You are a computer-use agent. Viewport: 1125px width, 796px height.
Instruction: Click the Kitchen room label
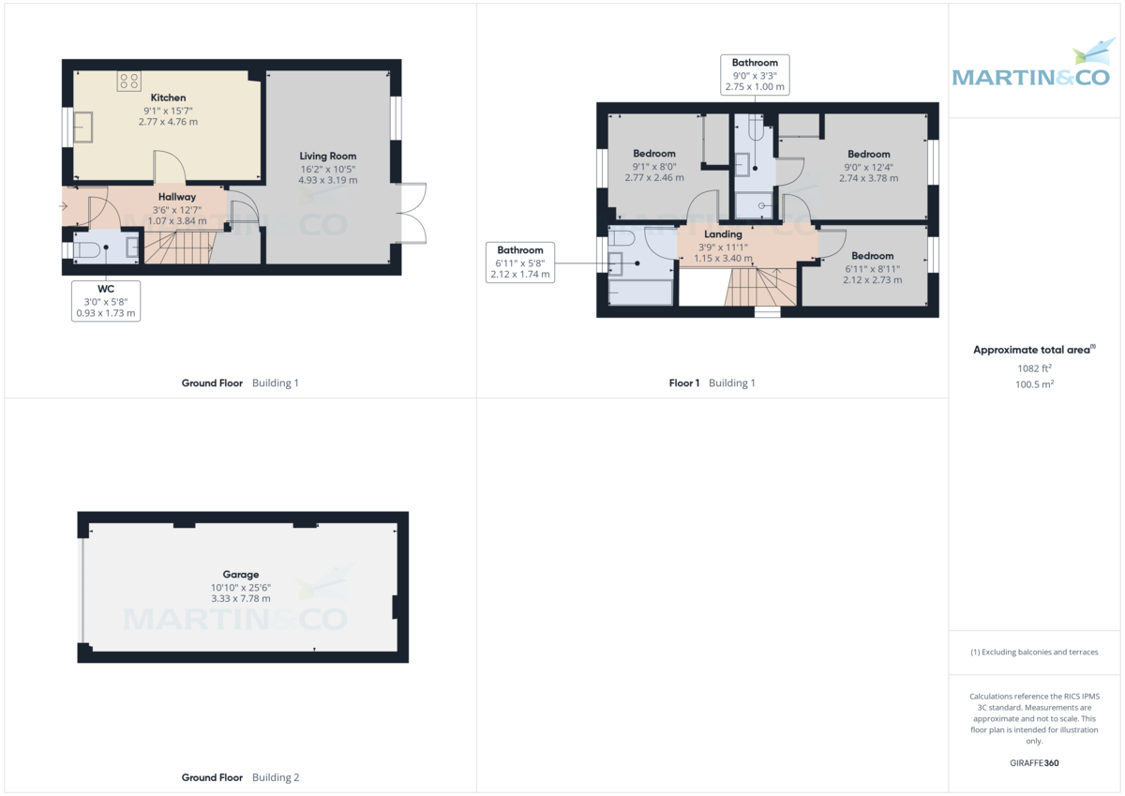coord(168,98)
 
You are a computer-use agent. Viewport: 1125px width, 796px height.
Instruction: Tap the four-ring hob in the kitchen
coord(129,81)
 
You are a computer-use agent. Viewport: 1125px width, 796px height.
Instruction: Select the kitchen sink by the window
coord(83,128)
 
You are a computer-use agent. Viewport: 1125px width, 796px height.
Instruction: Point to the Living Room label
coord(328,157)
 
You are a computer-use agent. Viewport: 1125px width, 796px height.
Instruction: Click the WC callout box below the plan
coord(106,301)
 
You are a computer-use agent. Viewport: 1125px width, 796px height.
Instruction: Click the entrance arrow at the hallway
coord(63,206)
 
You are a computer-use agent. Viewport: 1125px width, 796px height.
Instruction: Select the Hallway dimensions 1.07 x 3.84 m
coord(177,220)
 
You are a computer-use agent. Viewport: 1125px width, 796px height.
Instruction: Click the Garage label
coord(241,574)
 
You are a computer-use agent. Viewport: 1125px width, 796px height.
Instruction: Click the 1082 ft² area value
coord(1035,368)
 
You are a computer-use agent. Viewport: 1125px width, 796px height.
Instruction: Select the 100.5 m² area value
coord(1035,384)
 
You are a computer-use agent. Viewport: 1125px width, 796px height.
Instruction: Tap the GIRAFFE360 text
coord(1034,763)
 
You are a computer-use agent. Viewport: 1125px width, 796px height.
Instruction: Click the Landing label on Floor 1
coord(723,234)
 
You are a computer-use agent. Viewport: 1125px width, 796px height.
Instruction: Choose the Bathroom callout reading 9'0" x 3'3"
coord(755,75)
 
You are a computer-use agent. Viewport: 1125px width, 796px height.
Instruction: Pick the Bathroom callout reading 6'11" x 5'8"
coord(520,263)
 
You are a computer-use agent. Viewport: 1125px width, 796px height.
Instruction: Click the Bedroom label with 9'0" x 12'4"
coord(869,154)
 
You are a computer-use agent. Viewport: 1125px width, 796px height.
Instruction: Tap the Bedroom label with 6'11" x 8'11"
coord(873,256)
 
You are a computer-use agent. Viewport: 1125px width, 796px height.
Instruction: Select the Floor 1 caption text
coord(684,383)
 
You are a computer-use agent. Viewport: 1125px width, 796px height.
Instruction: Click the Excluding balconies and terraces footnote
coord(1034,652)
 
